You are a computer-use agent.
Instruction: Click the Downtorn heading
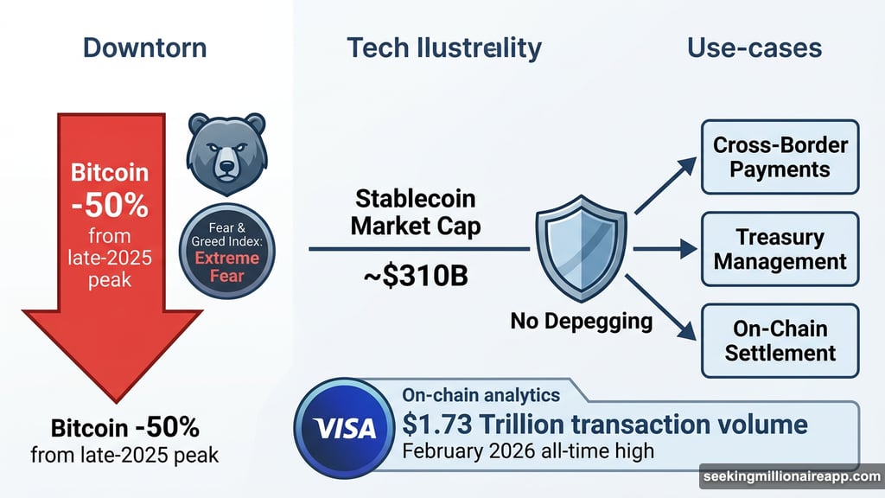145,48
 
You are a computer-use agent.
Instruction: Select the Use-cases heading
754,48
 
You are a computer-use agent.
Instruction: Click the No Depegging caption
582,322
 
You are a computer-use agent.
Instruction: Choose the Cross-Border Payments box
780,157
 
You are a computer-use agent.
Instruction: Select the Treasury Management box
780,249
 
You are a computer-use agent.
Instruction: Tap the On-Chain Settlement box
780,341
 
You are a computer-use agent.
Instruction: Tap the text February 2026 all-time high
527,451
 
